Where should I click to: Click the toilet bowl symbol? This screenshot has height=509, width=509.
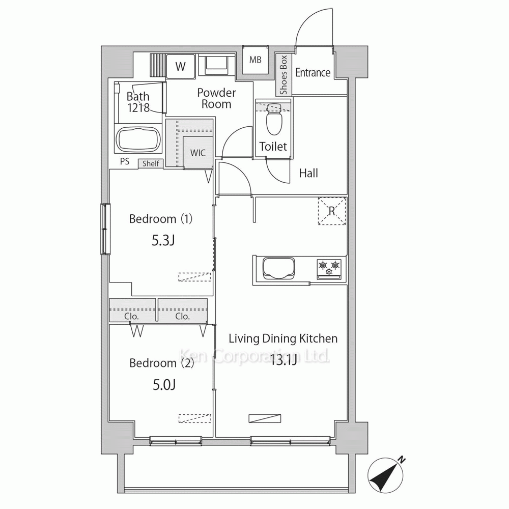click(274, 119)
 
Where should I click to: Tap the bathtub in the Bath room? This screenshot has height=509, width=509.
click(138, 139)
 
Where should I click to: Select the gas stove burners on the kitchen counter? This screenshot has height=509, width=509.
click(329, 269)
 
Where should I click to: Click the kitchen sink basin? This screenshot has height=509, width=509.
click(278, 268)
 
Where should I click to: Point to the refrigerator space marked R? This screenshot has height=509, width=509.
click(332, 211)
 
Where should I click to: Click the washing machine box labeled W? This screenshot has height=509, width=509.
click(181, 66)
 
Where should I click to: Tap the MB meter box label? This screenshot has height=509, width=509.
click(256, 60)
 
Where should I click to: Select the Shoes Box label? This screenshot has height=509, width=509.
click(284, 75)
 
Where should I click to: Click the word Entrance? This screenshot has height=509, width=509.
click(313, 72)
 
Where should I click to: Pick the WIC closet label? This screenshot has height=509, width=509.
click(197, 153)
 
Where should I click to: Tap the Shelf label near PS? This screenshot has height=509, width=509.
click(151, 163)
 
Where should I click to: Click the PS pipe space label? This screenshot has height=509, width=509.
click(125, 161)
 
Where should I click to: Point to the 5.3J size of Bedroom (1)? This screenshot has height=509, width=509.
click(163, 241)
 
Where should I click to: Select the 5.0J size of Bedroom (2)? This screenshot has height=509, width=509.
click(164, 385)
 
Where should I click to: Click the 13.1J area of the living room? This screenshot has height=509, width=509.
click(284, 360)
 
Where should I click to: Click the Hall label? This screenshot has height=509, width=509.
click(308, 173)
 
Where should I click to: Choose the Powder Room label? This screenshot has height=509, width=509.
click(216, 98)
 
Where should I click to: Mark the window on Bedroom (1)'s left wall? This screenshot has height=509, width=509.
click(105, 229)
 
